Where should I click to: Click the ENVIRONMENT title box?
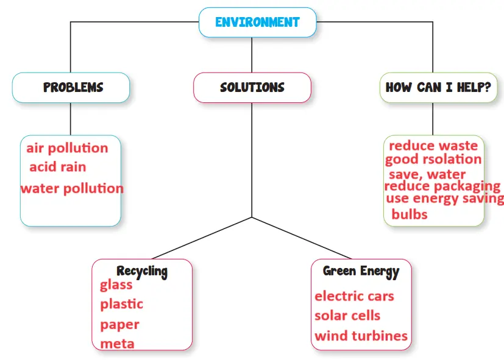(257, 23)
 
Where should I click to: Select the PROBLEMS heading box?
(73, 87)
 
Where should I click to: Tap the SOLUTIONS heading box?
(252, 87)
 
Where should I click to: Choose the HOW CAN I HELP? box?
(438, 87)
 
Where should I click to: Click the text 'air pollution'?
(67, 148)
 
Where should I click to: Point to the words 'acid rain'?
(58, 167)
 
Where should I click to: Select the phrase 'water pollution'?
(72, 188)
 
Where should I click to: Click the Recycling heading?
(142, 271)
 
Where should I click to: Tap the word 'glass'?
(116, 285)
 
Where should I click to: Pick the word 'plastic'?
(122, 304)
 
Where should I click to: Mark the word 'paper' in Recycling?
(120, 324)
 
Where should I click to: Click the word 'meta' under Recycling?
(118, 344)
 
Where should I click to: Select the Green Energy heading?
(361, 271)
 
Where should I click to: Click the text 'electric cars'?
(354, 297)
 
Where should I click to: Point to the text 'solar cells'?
(347, 316)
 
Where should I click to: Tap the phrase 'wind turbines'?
(361, 336)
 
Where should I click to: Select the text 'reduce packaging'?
(442, 186)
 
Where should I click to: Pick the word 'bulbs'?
(410, 214)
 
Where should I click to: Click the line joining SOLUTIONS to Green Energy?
(302, 238)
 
